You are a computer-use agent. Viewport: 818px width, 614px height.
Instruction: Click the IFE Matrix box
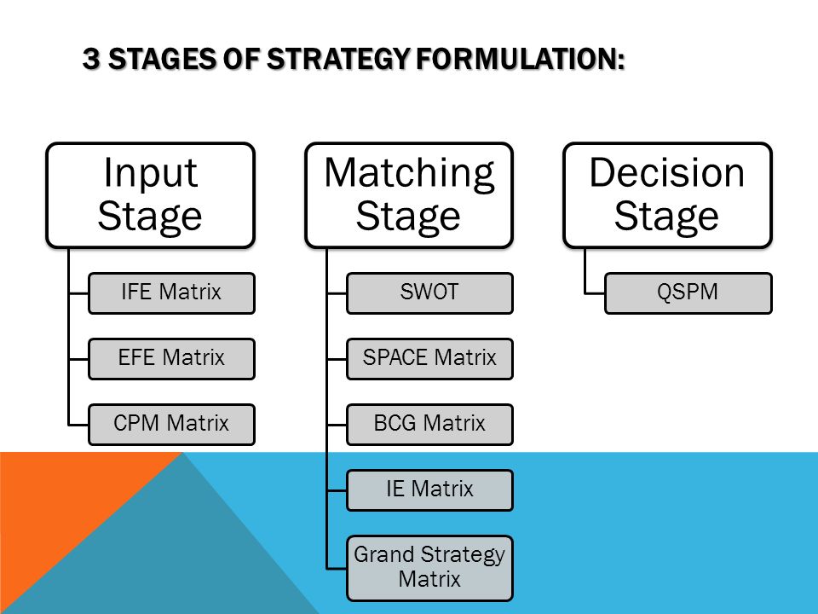(171, 293)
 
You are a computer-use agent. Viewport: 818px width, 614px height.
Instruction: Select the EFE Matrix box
(171, 359)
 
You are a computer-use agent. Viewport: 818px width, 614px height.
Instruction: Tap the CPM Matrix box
(171, 425)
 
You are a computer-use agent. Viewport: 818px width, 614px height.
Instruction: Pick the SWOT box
(429, 293)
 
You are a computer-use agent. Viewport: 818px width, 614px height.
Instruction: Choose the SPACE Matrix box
(429, 359)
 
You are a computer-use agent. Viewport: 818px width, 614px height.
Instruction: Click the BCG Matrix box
(429, 425)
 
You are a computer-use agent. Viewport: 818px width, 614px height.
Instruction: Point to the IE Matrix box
(429, 490)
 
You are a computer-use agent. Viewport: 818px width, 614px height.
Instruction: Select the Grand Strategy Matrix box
(429, 568)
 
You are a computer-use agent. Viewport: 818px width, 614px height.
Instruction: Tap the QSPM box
(688, 293)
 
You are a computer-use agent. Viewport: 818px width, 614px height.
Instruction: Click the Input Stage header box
(150, 194)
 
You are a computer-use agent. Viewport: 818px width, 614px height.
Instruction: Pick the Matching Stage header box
(409, 194)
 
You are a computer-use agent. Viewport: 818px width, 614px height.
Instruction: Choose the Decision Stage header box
(667, 194)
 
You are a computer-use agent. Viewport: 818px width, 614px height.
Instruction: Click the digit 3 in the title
(91, 59)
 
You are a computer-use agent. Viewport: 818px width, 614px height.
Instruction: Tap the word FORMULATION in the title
(520, 59)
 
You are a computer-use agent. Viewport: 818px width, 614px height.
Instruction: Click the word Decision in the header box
(666, 172)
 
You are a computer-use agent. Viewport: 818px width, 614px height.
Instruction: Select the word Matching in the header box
(409, 174)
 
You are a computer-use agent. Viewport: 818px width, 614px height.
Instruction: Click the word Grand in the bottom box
(384, 555)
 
